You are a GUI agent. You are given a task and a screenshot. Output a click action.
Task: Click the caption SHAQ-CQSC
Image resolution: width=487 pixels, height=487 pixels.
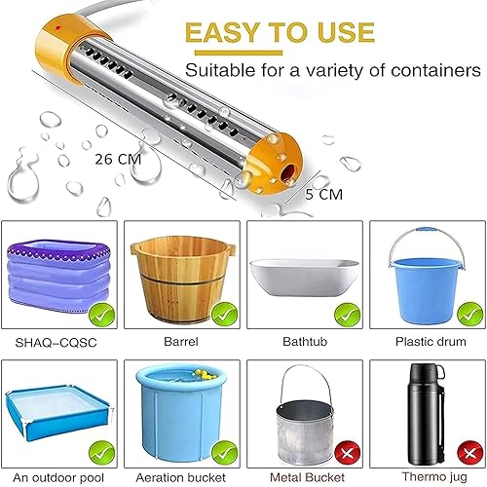click(x=60, y=342)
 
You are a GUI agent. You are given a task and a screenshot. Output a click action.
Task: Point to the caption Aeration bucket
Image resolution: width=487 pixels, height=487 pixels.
click(x=182, y=475)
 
